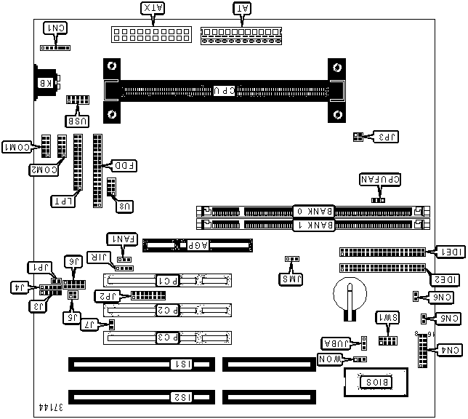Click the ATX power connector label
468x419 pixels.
click(x=153, y=9)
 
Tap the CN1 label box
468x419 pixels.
click(x=56, y=28)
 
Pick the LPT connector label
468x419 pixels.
click(x=61, y=199)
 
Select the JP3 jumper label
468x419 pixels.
click(x=382, y=136)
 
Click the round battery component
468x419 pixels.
click(x=350, y=298)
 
